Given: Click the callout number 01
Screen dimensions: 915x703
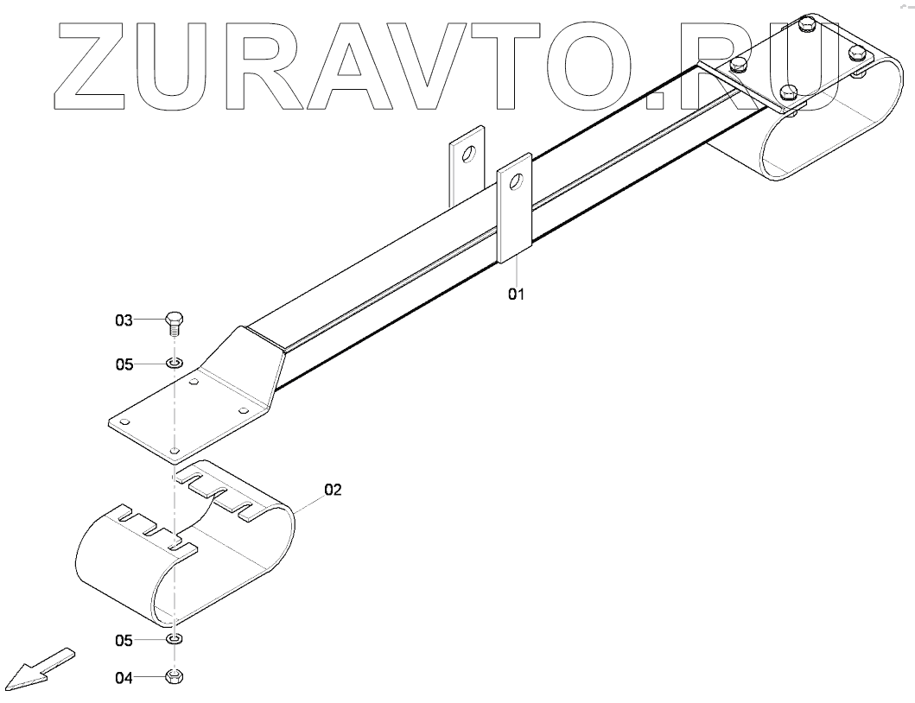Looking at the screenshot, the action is (x=516, y=294).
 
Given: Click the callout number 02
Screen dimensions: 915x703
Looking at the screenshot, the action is (x=334, y=490).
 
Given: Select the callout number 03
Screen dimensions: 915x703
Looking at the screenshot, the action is (x=124, y=320).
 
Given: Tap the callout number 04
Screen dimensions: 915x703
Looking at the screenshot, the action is (x=124, y=678).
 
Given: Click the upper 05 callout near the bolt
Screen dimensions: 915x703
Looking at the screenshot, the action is (x=124, y=364).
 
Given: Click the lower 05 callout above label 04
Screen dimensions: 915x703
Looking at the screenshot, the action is (x=124, y=641).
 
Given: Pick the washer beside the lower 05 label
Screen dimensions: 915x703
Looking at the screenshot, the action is (x=174, y=640).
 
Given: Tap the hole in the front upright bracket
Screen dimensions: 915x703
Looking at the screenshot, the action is (x=514, y=181).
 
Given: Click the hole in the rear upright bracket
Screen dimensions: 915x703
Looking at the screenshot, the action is (x=467, y=155).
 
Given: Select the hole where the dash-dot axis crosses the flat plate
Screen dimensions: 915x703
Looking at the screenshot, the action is (x=175, y=450).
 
